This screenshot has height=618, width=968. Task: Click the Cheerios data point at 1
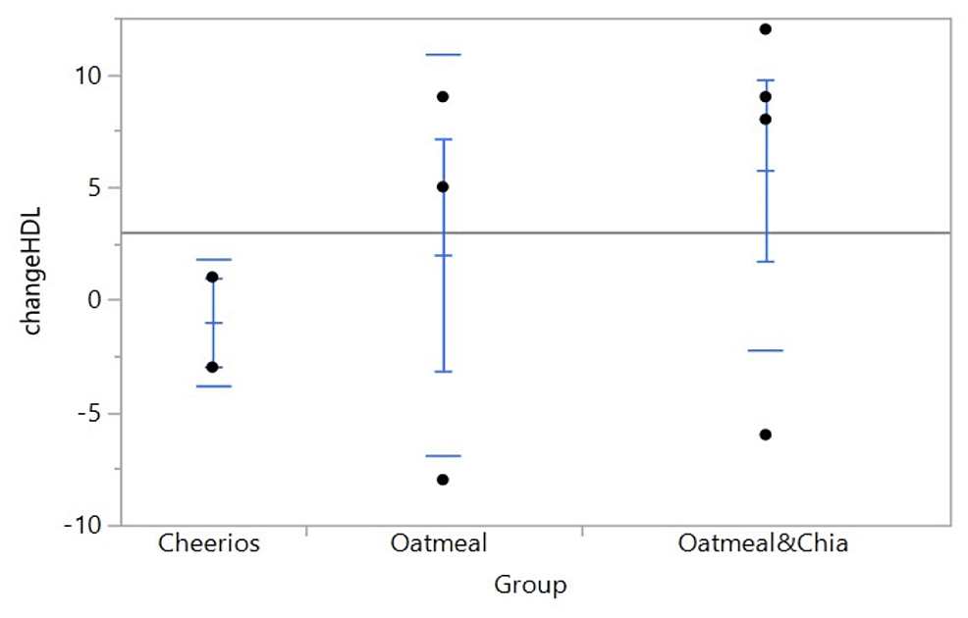click(x=212, y=278)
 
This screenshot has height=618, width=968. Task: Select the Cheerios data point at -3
click(x=212, y=367)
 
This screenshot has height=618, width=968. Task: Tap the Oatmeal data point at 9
click(x=443, y=96)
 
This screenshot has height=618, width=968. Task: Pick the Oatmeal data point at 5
click(x=443, y=186)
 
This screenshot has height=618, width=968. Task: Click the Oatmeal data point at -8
click(x=443, y=480)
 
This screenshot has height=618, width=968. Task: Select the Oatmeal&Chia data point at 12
click(x=766, y=28)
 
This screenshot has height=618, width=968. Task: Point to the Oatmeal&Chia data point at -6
click(x=766, y=435)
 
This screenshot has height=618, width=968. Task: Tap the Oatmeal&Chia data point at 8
click(x=766, y=119)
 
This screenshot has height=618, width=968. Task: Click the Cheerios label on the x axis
click(x=209, y=543)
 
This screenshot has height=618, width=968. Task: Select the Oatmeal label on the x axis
click(x=445, y=543)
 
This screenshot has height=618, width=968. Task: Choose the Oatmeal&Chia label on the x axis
click(x=763, y=543)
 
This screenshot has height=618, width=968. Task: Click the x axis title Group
click(x=530, y=586)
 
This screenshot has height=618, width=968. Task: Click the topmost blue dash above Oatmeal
click(x=443, y=54)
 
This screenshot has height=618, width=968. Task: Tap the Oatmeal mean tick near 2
click(x=443, y=255)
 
